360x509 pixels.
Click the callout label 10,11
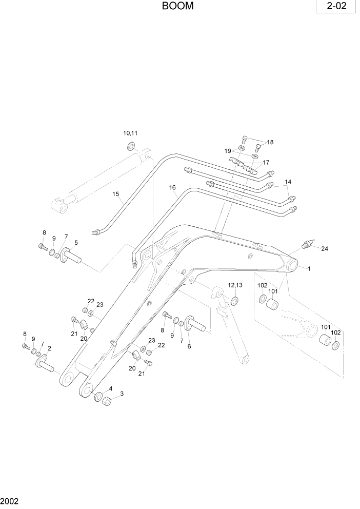(x=130, y=133)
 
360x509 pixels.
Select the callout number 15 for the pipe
(x=116, y=194)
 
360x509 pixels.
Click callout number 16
(x=173, y=188)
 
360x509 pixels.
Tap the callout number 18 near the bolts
(x=270, y=142)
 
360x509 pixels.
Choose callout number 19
(x=228, y=151)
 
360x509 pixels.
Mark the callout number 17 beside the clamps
(x=266, y=162)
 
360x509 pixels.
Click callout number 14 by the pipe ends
(x=288, y=182)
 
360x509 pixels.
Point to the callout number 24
(x=324, y=249)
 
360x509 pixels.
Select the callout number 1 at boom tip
(x=309, y=268)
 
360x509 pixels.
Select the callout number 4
(x=110, y=388)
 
